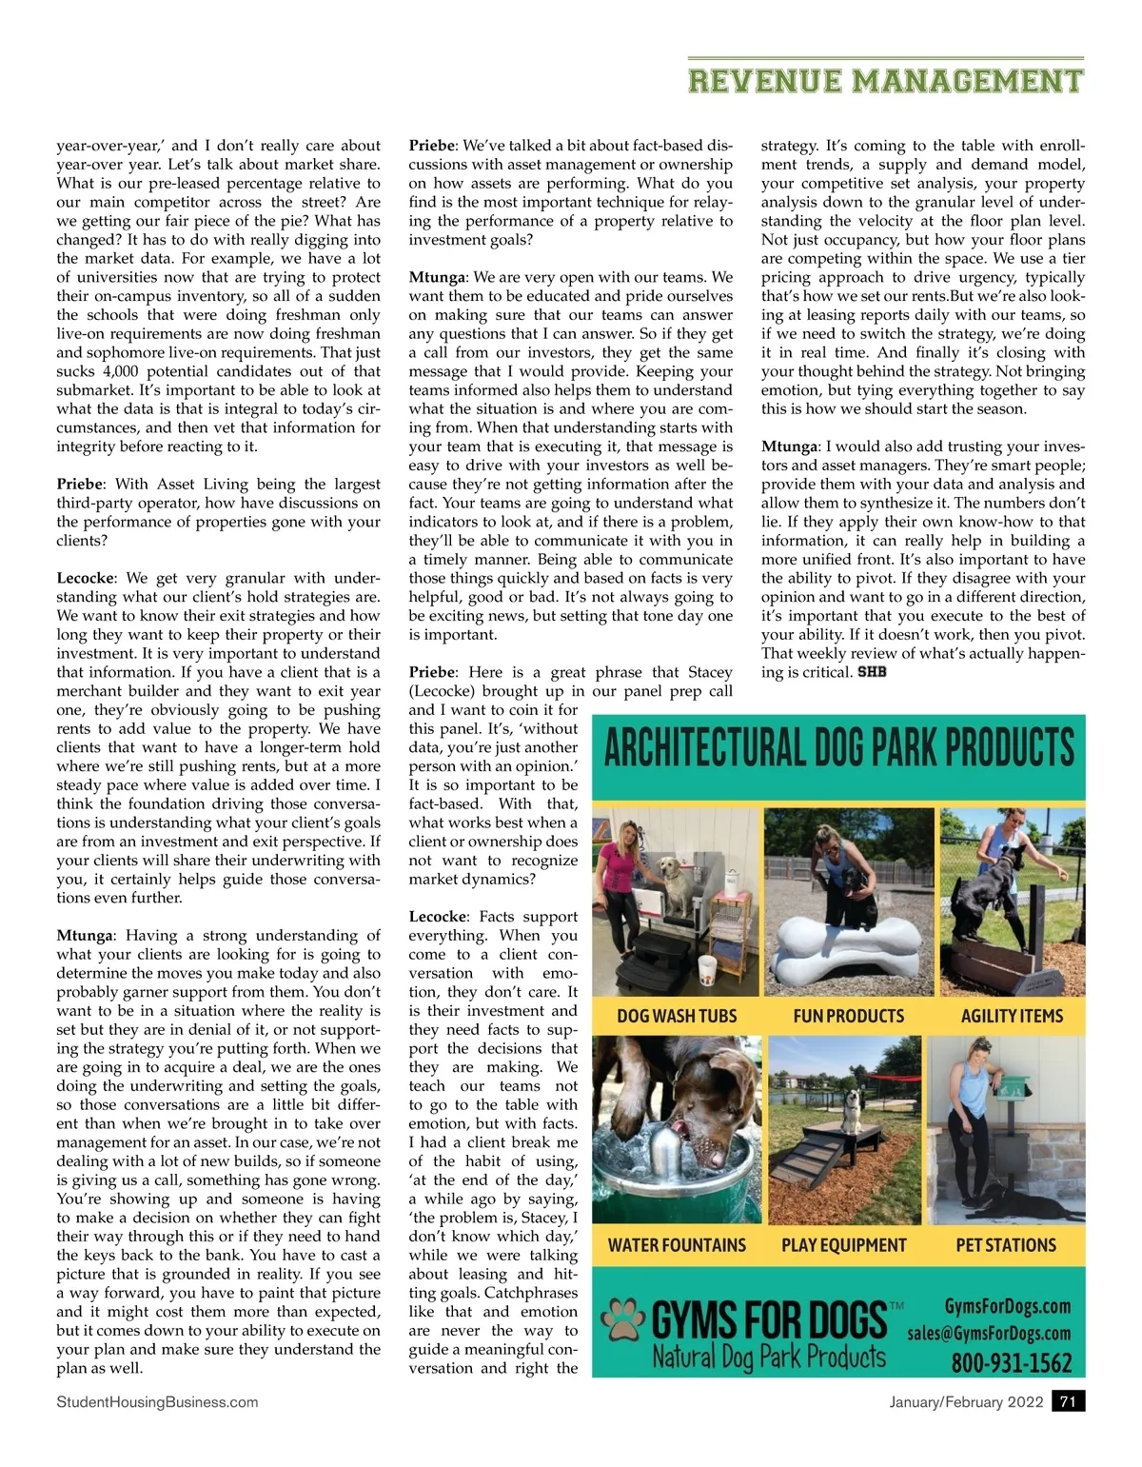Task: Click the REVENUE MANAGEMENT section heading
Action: click(885, 81)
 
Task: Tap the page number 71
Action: click(1068, 1401)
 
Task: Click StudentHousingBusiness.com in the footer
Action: click(157, 1401)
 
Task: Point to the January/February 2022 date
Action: click(966, 1401)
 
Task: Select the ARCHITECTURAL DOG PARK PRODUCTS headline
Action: click(838, 748)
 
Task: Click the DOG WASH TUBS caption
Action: click(677, 1016)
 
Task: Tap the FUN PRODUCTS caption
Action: click(848, 1016)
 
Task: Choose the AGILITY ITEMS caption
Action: click(1012, 1016)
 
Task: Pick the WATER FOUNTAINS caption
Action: click(677, 1245)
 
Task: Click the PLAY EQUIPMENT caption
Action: click(843, 1245)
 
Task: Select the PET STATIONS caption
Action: click(1006, 1245)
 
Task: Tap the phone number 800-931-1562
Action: click(1011, 1362)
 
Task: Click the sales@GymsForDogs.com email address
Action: click(989, 1333)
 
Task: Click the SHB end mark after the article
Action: click(872, 672)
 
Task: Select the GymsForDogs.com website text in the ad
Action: click(1007, 1306)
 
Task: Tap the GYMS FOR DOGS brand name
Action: click(769, 1320)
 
